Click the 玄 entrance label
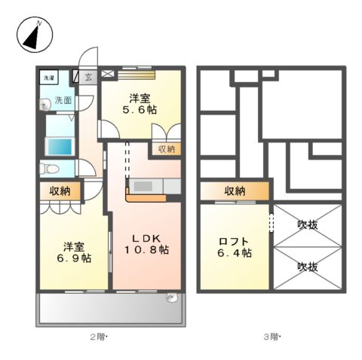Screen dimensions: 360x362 point(88,78)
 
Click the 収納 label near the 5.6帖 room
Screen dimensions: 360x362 point(166,149)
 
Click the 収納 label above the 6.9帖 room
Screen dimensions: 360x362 point(60,191)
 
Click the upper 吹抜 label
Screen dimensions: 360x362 point(307,224)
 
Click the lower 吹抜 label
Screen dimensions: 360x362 point(307,267)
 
